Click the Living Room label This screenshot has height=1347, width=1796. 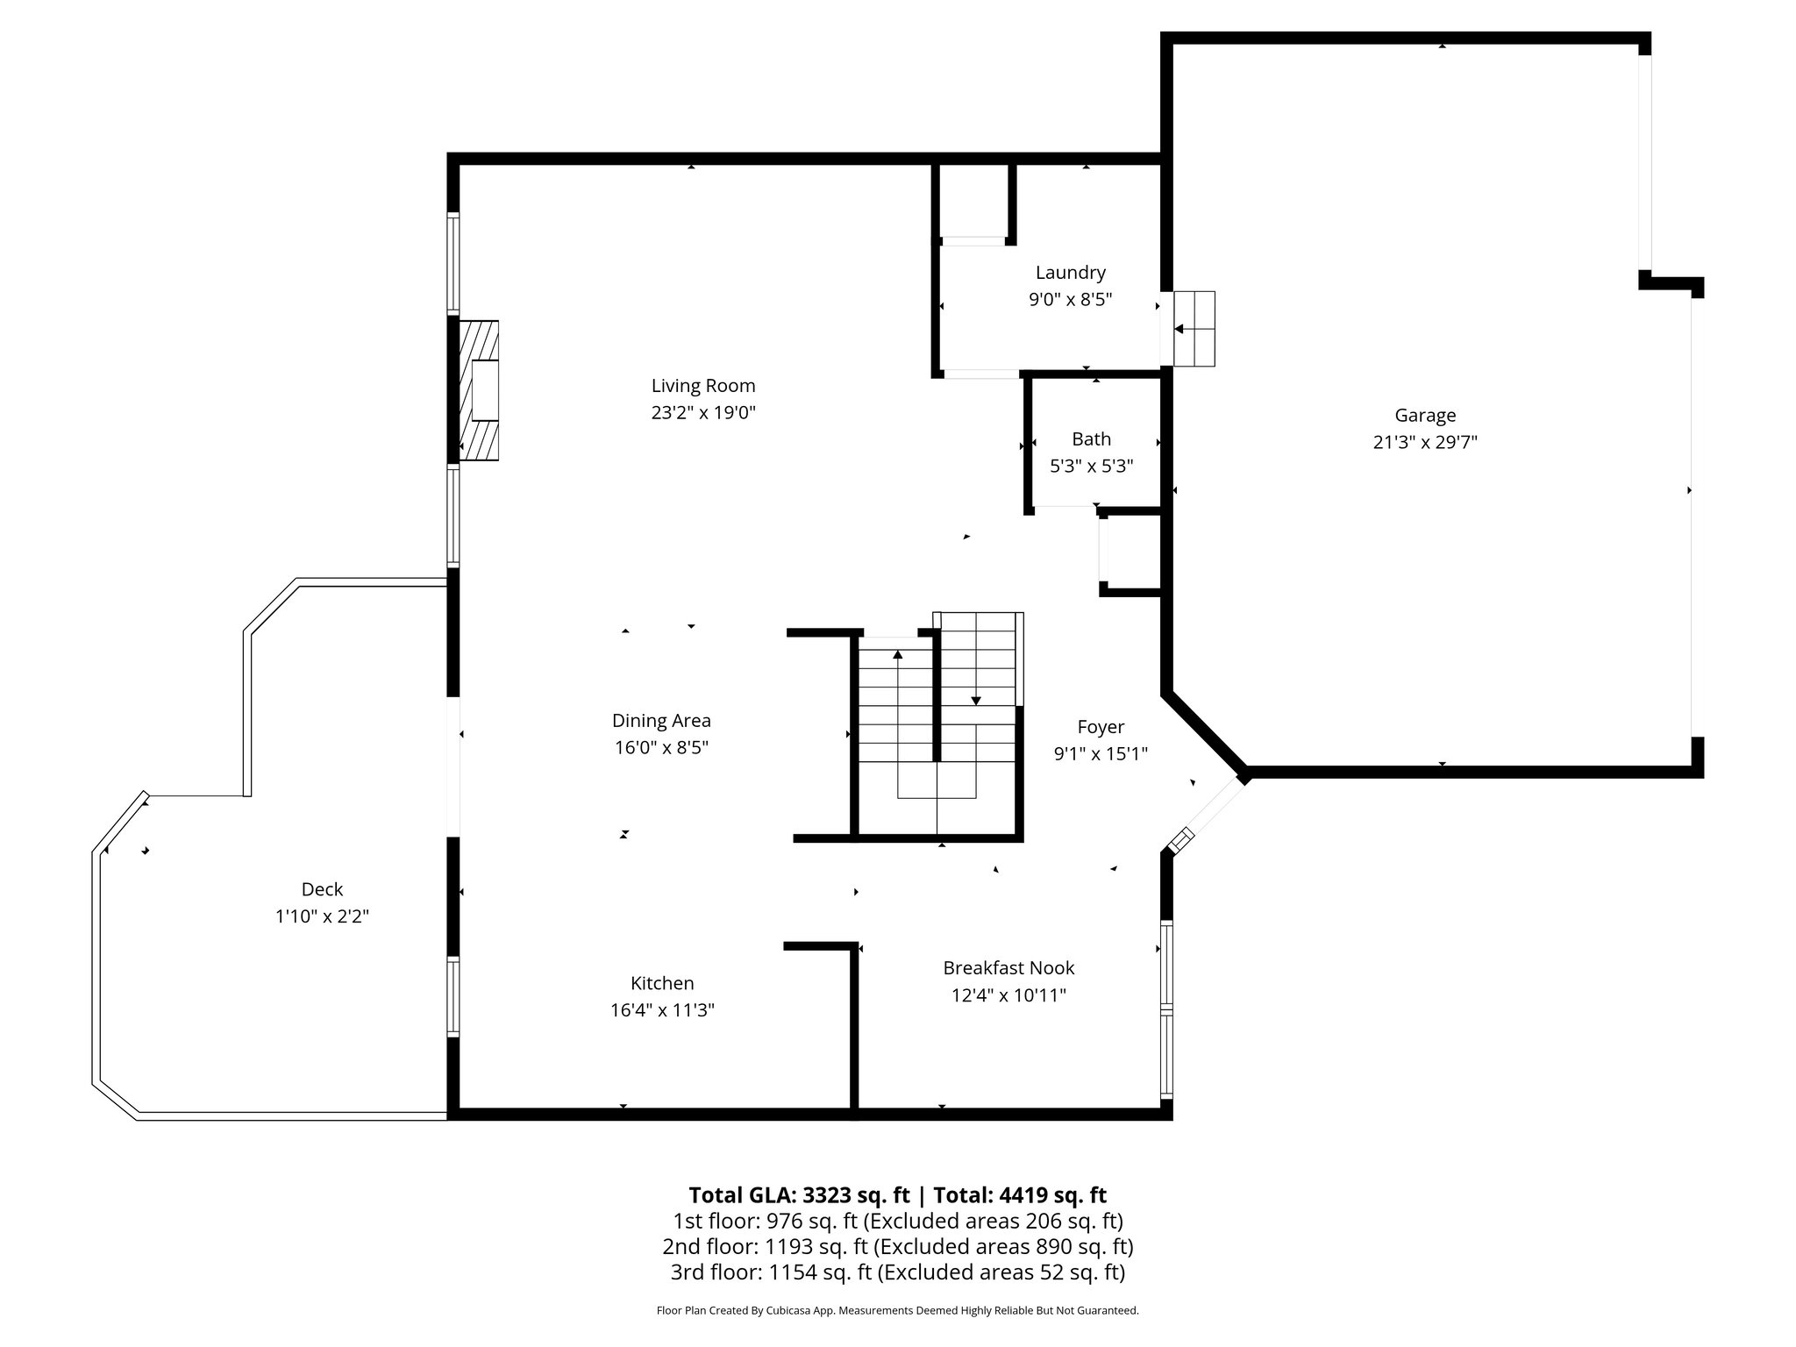point(702,386)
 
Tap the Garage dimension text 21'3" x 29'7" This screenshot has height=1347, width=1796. point(1425,443)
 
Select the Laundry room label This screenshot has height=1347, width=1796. point(1070,273)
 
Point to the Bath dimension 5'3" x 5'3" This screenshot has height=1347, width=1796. point(1091,467)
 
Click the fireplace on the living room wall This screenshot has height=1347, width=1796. point(480,390)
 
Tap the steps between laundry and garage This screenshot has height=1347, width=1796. point(1194,329)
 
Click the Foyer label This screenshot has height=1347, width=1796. point(1100,727)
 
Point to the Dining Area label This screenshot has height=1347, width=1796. point(661,721)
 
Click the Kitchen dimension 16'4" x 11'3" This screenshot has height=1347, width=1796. point(662,1010)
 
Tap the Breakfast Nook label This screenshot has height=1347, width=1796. point(1008,968)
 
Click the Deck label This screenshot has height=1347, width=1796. point(322,889)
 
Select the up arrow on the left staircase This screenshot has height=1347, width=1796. point(897,655)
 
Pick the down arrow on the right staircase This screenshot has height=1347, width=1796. point(975,699)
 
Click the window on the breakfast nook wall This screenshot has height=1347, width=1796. point(1166,1009)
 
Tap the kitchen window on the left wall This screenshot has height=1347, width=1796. point(453,997)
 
